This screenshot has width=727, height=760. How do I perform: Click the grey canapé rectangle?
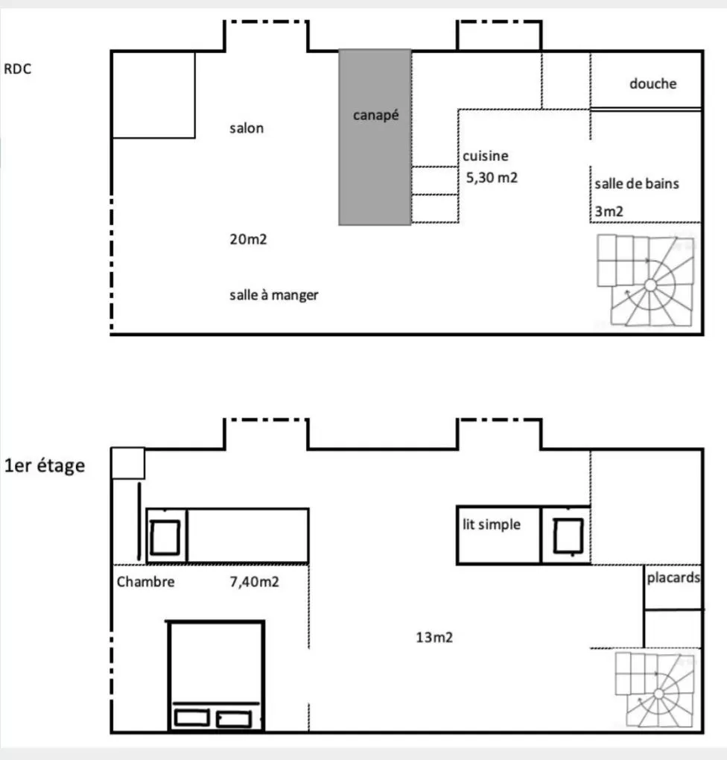[x=375, y=138]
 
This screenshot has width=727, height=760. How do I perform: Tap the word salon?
[x=246, y=128]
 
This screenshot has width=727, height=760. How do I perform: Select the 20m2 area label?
[x=246, y=240]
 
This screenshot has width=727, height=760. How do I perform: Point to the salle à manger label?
[x=273, y=295]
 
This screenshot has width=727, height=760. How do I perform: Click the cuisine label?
[x=486, y=156]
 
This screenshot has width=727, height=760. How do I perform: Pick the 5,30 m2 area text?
[x=492, y=177]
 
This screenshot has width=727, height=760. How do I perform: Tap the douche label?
[x=653, y=83]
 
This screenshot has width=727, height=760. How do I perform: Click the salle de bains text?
[x=637, y=183]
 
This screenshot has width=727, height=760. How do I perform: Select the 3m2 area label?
[x=609, y=211]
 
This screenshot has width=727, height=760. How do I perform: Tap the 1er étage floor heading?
[x=45, y=467]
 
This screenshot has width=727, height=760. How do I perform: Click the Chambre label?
[x=145, y=582]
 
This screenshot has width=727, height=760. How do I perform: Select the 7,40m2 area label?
[x=254, y=582]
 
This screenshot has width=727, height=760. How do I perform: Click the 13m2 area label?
[x=435, y=637]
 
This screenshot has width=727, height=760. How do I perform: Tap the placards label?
[x=673, y=577]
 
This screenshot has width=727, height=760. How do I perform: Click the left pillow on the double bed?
[x=191, y=718]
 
